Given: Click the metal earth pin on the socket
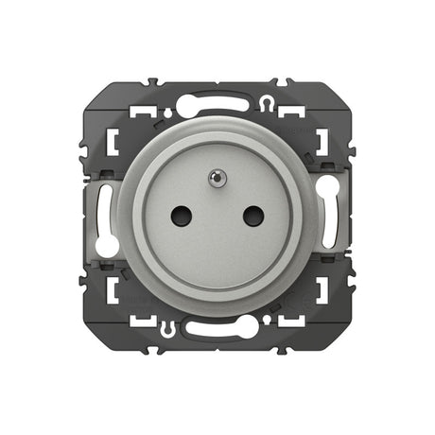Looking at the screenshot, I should point(217,176).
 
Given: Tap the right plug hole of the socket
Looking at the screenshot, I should point(252,216).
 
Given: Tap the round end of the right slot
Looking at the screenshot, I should point(332,187).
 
